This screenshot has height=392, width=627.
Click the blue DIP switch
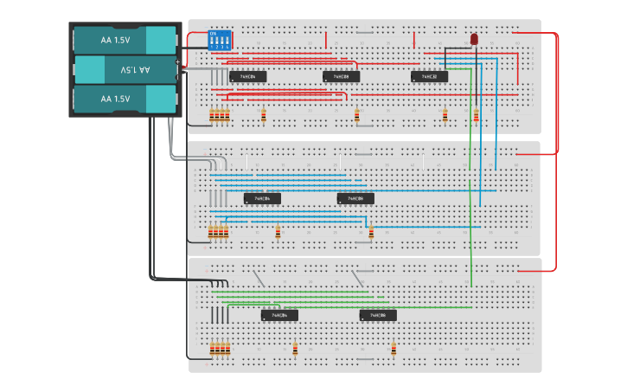[x=220, y=40]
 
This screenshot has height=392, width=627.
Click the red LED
[x=475, y=40]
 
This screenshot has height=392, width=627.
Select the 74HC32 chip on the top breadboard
[x=430, y=76]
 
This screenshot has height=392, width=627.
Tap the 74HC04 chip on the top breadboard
[x=247, y=76]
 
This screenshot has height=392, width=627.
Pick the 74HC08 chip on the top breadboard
[x=341, y=76]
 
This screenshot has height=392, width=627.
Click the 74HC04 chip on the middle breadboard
[x=262, y=198]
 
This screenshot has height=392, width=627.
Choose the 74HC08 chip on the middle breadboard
[x=355, y=198]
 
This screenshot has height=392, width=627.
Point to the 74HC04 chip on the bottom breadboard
[x=279, y=316]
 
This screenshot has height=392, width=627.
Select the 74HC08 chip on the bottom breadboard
[x=378, y=316]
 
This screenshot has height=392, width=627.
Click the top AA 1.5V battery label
[x=114, y=39]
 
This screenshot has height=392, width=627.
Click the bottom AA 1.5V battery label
[x=114, y=99]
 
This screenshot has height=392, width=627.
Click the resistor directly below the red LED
[x=476, y=115]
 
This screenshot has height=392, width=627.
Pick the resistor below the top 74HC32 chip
[x=445, y=115]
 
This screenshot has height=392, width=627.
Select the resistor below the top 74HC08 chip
[x=357, y=115]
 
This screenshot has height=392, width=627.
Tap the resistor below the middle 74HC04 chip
[x=278, y=232]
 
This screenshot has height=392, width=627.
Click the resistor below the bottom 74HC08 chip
[x=393, y=349]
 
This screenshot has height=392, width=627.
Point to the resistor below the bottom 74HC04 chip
[x=295, y=349]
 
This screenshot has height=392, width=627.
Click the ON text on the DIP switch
[x=214, y=33]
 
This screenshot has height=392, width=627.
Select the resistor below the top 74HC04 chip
[x=264, y=115]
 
